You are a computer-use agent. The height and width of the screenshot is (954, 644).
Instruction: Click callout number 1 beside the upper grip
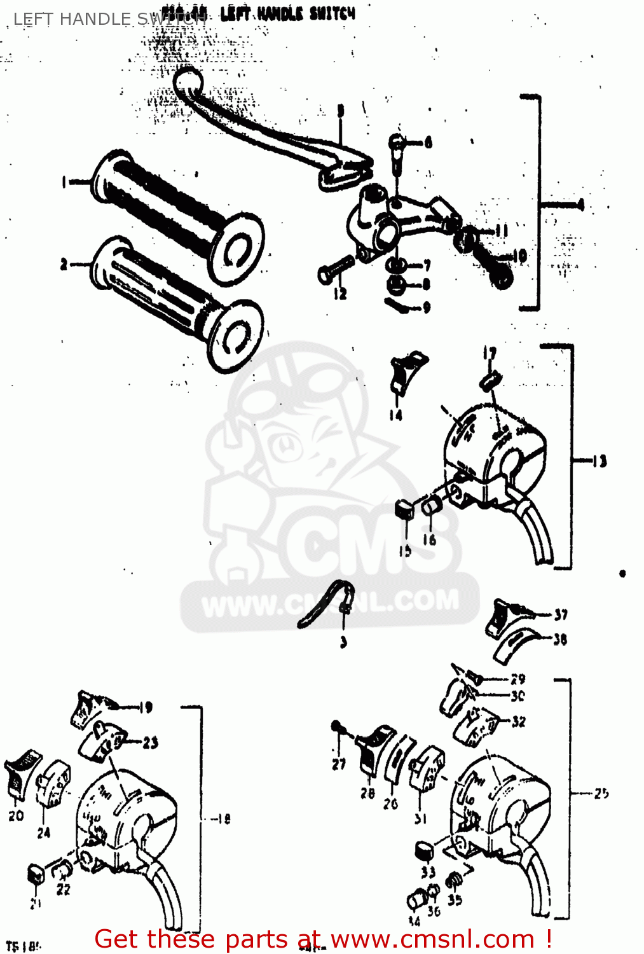(x=64, y=183)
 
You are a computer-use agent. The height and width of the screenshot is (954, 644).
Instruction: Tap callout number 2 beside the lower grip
(x=64, y=265)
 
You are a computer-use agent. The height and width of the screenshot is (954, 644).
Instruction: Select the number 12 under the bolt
(x=340, y=294)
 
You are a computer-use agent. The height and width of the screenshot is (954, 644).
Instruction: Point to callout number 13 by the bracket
(x=599, y=461)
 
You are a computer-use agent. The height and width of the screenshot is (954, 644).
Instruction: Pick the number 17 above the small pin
(x=489, y=354)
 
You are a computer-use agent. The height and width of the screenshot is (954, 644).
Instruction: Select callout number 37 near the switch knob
(x=560, y=614)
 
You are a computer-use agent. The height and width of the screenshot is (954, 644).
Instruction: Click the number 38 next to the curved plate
(x=559, y=639)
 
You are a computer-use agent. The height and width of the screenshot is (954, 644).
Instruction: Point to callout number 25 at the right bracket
(x=601, y=793)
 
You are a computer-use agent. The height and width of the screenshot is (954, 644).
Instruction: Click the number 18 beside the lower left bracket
(x=223, y=819)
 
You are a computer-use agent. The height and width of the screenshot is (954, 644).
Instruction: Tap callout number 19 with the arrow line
(x=146, y=707)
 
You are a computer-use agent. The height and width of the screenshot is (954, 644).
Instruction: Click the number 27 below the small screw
(x=339, y=764)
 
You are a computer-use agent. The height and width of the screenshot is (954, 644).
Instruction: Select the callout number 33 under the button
(x=428, y=872)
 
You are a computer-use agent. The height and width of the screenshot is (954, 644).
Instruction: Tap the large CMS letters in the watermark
(x=369, y=544)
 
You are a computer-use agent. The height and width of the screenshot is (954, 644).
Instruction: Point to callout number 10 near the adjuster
(x=519, y=256)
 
